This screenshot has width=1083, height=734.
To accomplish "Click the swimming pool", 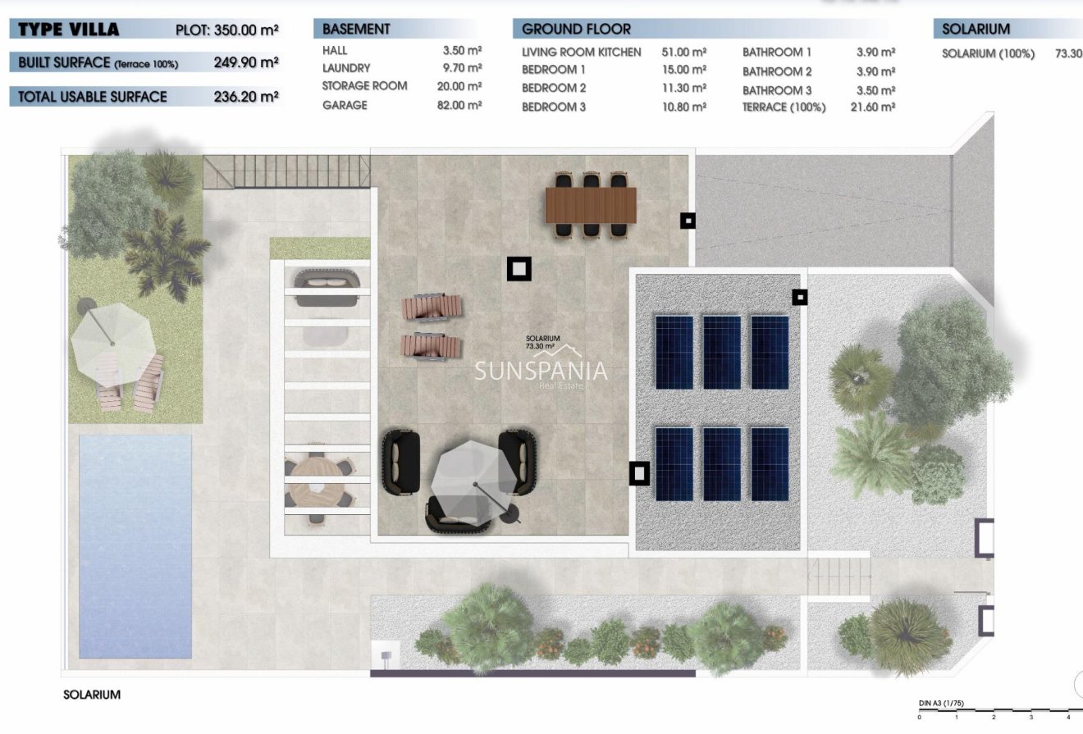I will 135,545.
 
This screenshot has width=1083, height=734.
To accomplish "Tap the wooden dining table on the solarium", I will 591,205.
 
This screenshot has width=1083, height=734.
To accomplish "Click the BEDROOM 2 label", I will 554,88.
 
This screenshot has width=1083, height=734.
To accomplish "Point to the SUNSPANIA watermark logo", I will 541,372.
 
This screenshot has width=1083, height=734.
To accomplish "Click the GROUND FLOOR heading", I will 576,29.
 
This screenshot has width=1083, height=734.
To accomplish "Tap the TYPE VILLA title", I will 69,30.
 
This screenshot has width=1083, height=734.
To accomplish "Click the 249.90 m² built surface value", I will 246,62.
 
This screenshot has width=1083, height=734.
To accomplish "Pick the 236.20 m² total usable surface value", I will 246,96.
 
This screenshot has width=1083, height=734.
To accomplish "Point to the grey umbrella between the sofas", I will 464,476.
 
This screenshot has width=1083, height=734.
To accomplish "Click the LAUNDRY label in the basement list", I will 346,68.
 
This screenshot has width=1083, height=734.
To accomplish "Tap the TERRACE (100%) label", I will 784,107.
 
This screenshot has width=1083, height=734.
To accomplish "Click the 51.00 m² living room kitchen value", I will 683,52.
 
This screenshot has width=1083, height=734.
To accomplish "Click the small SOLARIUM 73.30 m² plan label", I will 543,342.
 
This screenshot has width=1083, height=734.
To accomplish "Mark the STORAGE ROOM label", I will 364,86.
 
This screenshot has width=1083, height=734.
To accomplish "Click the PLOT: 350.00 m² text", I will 227,30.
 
